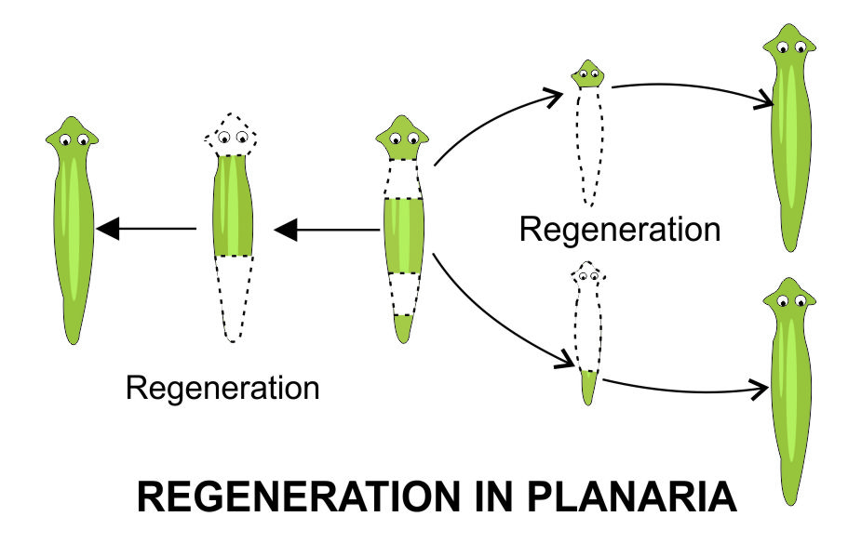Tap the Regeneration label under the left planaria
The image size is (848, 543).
(x=222, y=386)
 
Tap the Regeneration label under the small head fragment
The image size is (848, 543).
(x=620, y=229)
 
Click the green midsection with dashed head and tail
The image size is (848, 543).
(x=233, y=205)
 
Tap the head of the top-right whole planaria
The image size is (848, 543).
(x=789, y=47)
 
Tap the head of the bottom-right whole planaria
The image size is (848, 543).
(x=789, y=298)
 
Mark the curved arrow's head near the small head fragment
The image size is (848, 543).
(x=557, y=93)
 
